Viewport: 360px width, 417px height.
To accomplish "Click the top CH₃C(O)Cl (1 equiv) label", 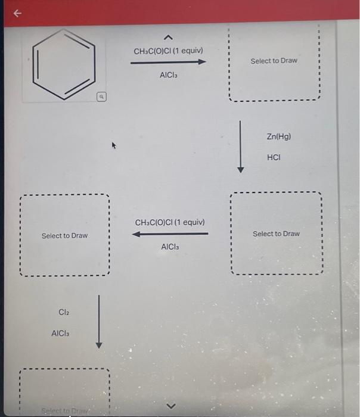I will click(169, 51).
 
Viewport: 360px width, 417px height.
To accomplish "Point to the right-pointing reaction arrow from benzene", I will click(169, 62).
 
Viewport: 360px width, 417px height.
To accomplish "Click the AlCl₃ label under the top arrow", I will click(169, 76).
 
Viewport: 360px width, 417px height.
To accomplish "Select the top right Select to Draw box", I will click(274, 61).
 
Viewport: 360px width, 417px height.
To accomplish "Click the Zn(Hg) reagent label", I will click(279, 136).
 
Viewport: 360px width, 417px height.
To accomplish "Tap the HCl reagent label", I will click(274, 158).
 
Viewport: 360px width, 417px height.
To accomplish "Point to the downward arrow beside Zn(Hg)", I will click(241, 146).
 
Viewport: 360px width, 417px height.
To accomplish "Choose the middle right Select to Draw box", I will click(276, 234).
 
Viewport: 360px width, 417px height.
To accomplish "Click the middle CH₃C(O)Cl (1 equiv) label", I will click(170, 222).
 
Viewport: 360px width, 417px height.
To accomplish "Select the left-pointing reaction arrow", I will click(170, 234).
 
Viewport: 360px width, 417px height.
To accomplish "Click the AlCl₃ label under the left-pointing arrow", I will click(170, 247).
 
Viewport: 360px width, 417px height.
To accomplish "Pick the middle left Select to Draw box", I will click(64, 236).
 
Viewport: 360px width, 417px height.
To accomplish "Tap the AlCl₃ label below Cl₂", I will click(62, 334).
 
